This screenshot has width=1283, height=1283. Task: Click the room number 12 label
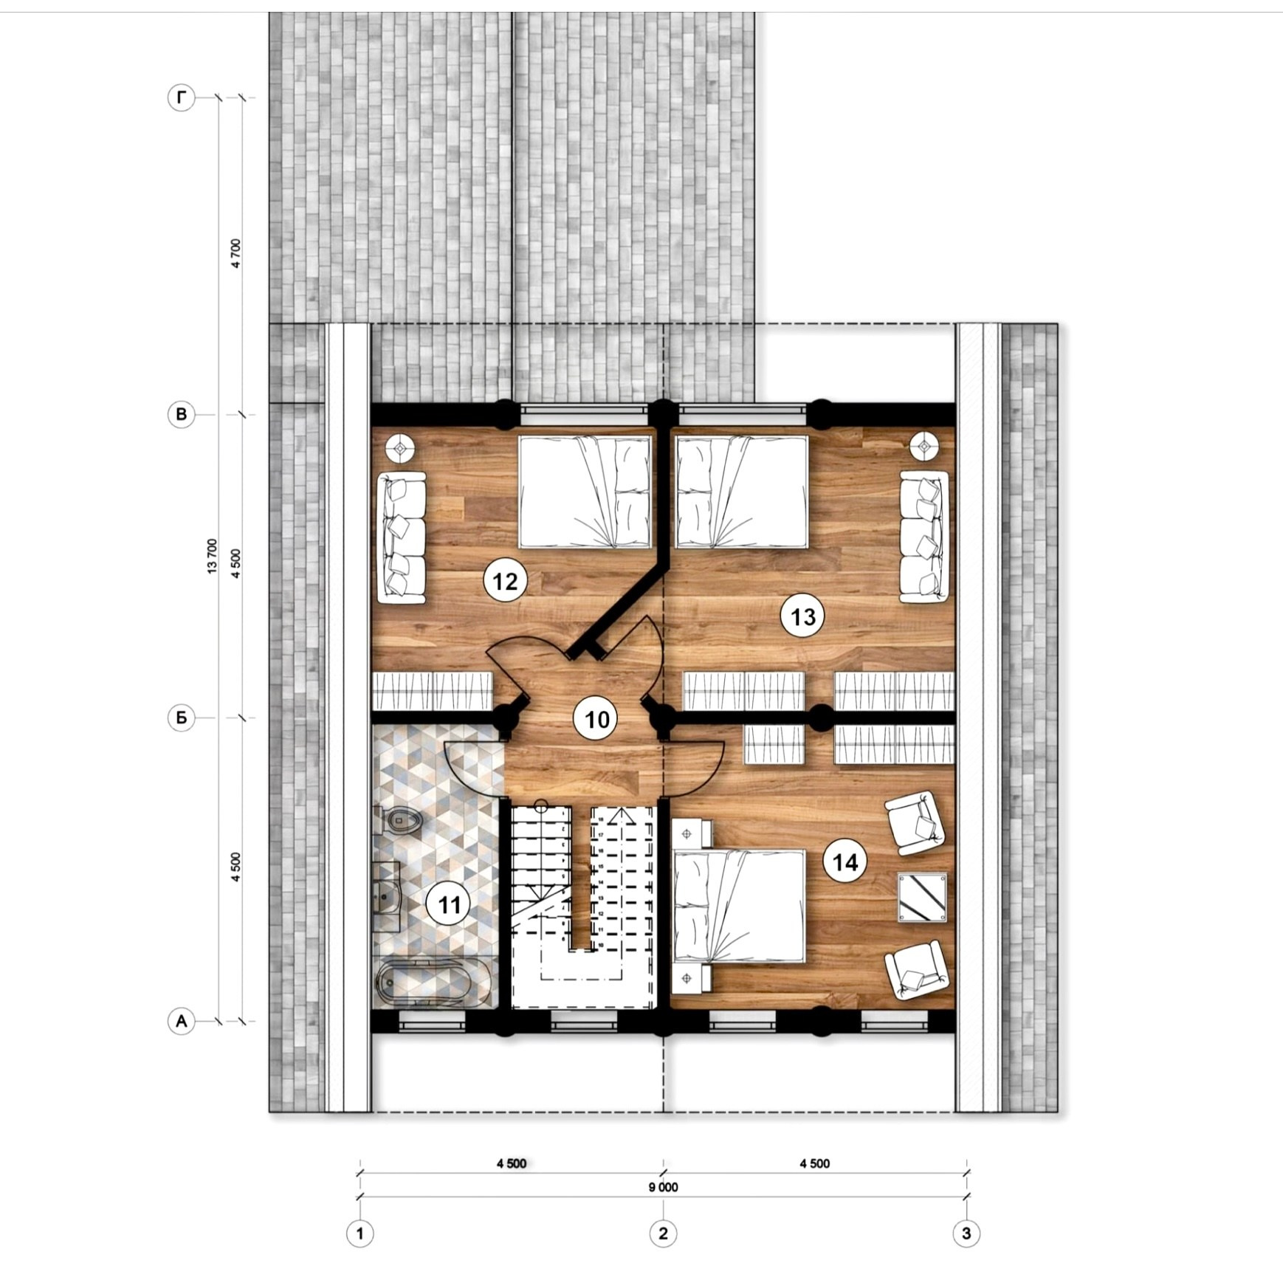point(505,581)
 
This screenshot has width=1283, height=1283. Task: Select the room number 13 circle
point(802,616)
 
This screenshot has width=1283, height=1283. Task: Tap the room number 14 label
point(845,861)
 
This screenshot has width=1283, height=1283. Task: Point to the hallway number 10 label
point(596,718)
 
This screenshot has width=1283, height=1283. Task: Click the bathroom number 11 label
point(449,904)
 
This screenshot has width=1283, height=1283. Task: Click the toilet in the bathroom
point(399,819)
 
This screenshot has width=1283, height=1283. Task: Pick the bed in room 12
point(585,492)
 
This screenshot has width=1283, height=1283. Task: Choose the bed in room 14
point(739,906)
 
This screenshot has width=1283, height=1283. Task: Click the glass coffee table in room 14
point(922,898)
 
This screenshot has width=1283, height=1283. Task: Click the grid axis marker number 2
point(663,1233)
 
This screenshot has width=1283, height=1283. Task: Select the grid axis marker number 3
point(966,1233)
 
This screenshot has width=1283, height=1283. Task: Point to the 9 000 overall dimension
point(663,1188)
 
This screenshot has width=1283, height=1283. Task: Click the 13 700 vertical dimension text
point(213,557)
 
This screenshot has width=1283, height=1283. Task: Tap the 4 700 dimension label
point(236,253)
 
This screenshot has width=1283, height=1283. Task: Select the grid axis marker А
point(182,1022)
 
